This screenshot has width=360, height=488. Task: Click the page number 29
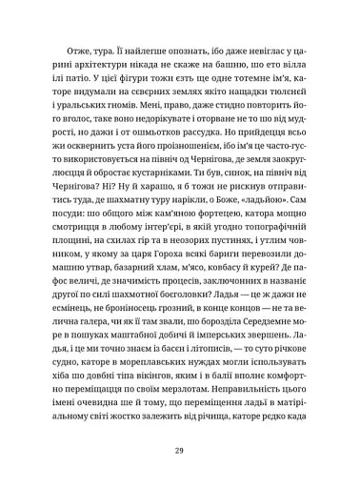[180, 451]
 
